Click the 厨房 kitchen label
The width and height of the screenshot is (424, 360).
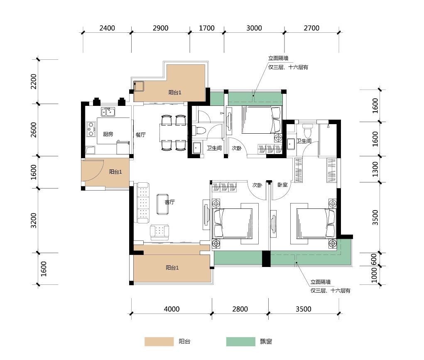(x=108, y=134)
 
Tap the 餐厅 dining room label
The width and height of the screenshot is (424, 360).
(x=141, y=135)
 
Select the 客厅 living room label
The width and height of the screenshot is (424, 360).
(x=170, y=202)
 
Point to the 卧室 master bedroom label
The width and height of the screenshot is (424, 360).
(x=282, y=185)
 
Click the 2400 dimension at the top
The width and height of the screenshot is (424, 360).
(x=107, y=28)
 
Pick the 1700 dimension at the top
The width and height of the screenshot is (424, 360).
(x=206, y=28)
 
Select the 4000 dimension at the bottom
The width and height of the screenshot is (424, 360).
(x=172, y=309)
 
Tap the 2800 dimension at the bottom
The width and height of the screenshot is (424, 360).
(x=240, y=309)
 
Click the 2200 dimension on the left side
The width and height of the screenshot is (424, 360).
(x=34, y=81)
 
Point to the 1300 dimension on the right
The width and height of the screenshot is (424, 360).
(x=375, y=169)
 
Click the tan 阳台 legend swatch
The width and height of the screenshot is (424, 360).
(x=159, y=342)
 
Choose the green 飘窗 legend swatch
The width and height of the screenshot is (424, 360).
(x=241, y=342)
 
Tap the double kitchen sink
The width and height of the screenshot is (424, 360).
(x=108, y=111)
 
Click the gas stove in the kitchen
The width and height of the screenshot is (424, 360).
(x=91, y=129)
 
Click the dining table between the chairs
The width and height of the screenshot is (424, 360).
(x=173, y=132)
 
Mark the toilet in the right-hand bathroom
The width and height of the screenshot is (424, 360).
(x=307, y=130)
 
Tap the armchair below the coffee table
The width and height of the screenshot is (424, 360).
(x=159, y=233)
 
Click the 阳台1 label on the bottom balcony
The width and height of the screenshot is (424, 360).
(x=172, y=268)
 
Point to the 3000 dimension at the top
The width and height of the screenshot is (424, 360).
(x=254, y=28)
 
